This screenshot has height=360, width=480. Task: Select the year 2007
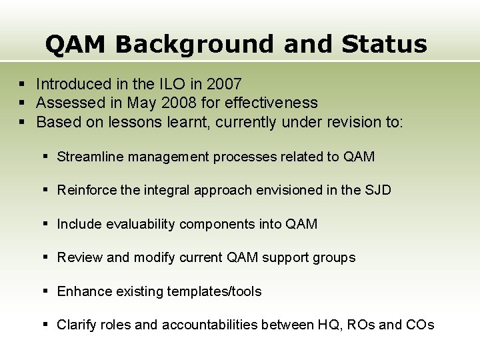click(224, 84)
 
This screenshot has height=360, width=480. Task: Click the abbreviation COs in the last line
click(420, 325)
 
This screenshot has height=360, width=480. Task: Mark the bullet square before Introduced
click(22, 85)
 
